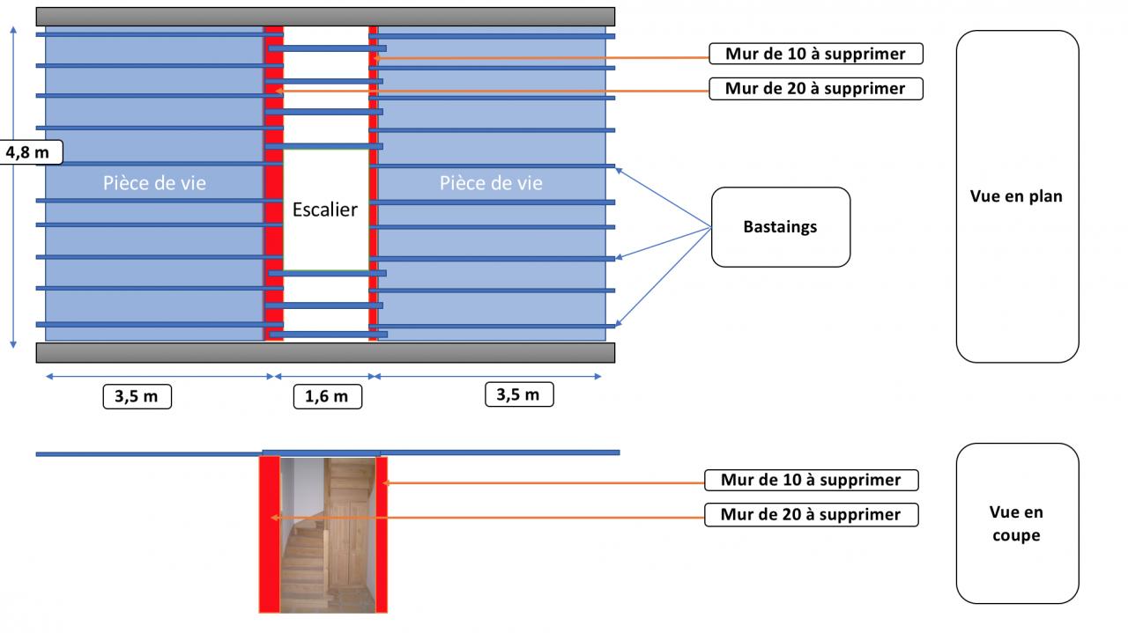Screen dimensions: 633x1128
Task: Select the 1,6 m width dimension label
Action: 327,396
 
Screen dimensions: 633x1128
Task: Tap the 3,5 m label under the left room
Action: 137,396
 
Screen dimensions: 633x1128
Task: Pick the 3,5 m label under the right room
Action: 519,394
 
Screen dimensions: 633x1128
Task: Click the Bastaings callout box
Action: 780,227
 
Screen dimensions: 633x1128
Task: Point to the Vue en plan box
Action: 1017,196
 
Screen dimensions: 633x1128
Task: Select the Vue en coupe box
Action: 1017,523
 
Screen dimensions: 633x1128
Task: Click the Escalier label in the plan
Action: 325,210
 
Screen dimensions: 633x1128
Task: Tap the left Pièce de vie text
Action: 154,183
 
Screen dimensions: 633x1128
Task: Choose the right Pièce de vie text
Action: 491,183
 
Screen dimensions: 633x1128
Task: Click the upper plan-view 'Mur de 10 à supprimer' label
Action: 815,54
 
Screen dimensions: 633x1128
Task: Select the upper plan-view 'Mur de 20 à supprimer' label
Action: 815,89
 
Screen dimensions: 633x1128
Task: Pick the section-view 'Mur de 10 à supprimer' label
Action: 811,481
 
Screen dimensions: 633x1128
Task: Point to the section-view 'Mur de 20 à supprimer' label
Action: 811,515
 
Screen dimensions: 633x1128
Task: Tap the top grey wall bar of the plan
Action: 325,17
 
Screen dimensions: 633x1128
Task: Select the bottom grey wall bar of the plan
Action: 325,352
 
